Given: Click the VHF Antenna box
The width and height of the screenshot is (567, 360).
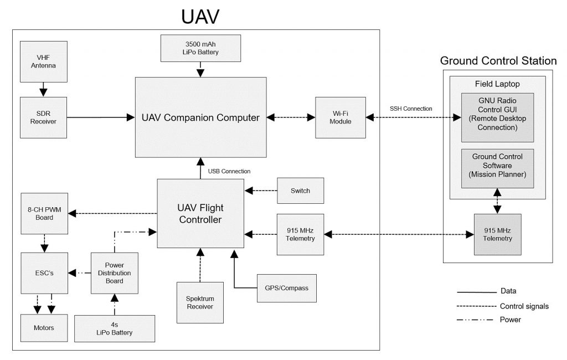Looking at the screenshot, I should (44, 61).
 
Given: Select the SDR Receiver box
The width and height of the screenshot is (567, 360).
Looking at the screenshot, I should (44, 117).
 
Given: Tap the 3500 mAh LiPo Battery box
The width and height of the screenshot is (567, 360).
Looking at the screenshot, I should (201, 48).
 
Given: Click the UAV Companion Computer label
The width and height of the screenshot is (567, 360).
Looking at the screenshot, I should (200, 117).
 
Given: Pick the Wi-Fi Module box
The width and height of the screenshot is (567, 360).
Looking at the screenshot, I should (341, 117).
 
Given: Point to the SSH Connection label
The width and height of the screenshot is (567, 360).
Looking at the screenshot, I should (411, 108).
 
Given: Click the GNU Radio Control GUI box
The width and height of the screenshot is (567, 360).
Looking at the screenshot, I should (497, 117).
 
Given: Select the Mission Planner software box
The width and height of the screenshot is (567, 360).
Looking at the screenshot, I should (497, 166).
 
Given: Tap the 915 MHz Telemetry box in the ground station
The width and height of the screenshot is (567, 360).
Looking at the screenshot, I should (497, 234).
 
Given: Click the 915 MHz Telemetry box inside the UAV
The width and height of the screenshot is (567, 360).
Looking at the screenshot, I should (300, 234).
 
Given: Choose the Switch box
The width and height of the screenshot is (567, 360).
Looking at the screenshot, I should (300, 191).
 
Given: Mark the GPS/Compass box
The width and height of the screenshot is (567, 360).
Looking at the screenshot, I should (287, 288).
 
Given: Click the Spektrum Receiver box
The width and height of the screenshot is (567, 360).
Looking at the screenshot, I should (200, 302).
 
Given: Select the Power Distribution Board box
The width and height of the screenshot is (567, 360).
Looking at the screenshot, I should (115, 272).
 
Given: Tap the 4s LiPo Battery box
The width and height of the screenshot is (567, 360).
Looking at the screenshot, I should (115, 328).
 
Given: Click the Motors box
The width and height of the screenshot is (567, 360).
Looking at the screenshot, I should (44, 328).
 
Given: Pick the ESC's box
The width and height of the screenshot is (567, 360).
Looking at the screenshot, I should (44, 272).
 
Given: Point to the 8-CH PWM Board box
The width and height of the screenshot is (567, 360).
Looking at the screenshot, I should (44, 213).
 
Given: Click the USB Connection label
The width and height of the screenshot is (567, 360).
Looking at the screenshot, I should (229, 171).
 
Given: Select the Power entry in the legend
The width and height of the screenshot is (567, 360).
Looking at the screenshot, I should (510, 320).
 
